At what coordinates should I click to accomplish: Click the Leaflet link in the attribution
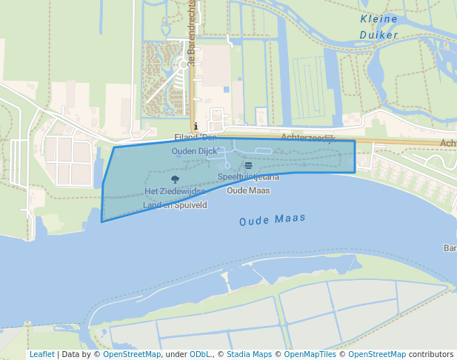pos(41,354)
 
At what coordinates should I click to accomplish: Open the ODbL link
pos(200,354)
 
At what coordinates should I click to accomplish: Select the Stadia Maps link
pos(249,354)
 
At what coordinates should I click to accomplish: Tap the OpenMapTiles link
pos(307,354)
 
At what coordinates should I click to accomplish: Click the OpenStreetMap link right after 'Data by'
pos(132,354)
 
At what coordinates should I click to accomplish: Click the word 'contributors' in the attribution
pos(431,354)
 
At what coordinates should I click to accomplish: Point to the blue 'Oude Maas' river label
pos(273,220)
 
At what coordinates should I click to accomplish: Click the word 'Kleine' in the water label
pos(378,19)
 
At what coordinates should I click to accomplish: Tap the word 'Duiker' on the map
pos(378,35)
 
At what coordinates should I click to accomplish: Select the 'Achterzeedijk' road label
pos(308,138)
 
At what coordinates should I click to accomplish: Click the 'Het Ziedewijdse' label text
pos(175,191)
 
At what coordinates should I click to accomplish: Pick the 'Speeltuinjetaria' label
pos(248,177)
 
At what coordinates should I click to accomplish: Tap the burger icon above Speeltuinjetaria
pos(248,164)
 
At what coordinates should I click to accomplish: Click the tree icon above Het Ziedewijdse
pos(175,179)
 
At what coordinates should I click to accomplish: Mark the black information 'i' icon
pos(196,126)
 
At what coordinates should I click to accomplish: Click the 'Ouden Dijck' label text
pos(196,151)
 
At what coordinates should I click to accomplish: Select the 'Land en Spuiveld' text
pos(175,204)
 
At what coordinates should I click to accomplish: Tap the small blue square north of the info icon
pos(226,90)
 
